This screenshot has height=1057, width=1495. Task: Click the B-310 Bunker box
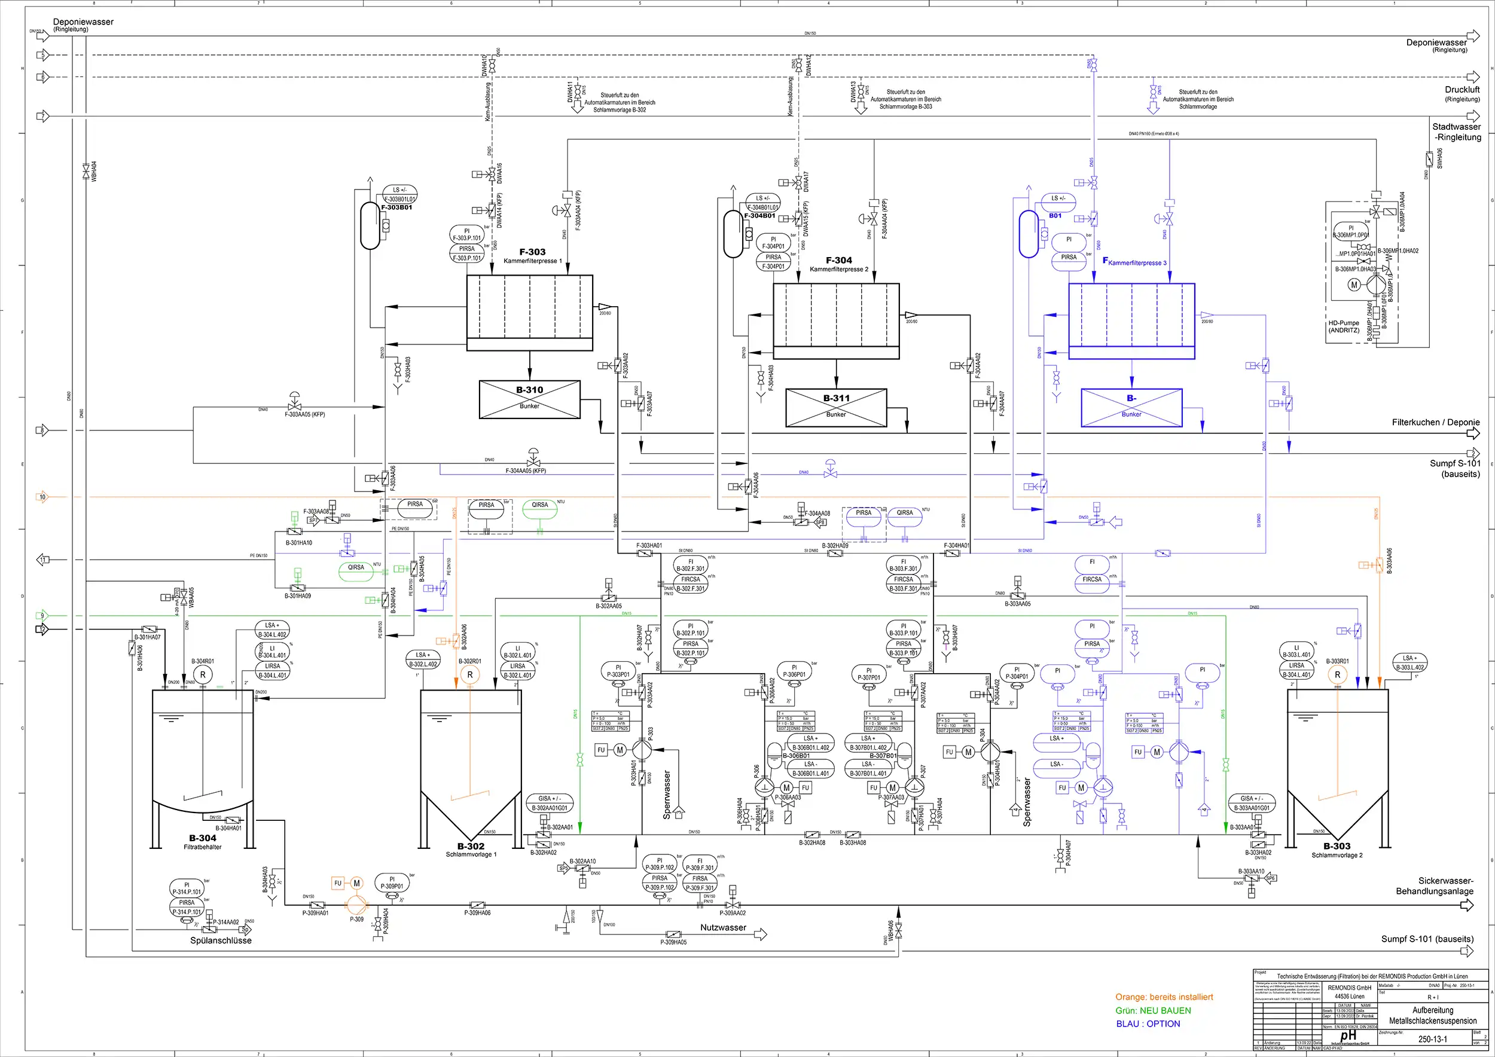[529, 399]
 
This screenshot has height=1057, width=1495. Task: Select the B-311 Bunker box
[836, 408]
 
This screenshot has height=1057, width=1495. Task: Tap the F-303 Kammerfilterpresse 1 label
[533, 256]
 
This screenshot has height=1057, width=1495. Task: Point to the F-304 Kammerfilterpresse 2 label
[838, 264]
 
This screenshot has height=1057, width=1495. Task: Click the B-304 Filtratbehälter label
[203, 842]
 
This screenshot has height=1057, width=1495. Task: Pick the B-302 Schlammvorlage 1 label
[471, 850]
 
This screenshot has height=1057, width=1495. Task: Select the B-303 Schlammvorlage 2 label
[1337, 850]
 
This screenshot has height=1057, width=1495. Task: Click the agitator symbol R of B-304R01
[203, 675]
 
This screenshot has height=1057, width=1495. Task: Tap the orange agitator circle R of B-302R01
[470, 675]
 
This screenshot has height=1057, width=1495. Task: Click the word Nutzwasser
[723, 927]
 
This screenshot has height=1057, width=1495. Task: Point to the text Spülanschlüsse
[221, 940]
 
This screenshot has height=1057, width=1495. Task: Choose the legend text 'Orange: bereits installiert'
[1164, 997]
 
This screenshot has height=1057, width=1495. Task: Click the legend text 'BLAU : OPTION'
[1148, 1024]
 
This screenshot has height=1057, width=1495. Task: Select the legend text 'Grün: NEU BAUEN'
[1153, 1011]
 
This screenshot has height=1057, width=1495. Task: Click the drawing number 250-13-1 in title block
[1432, 1039]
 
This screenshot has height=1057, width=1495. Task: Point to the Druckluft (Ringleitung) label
[1463, 94]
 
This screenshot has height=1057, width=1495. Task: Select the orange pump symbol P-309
[356, 905]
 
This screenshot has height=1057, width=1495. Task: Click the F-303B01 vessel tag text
[396, 207]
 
